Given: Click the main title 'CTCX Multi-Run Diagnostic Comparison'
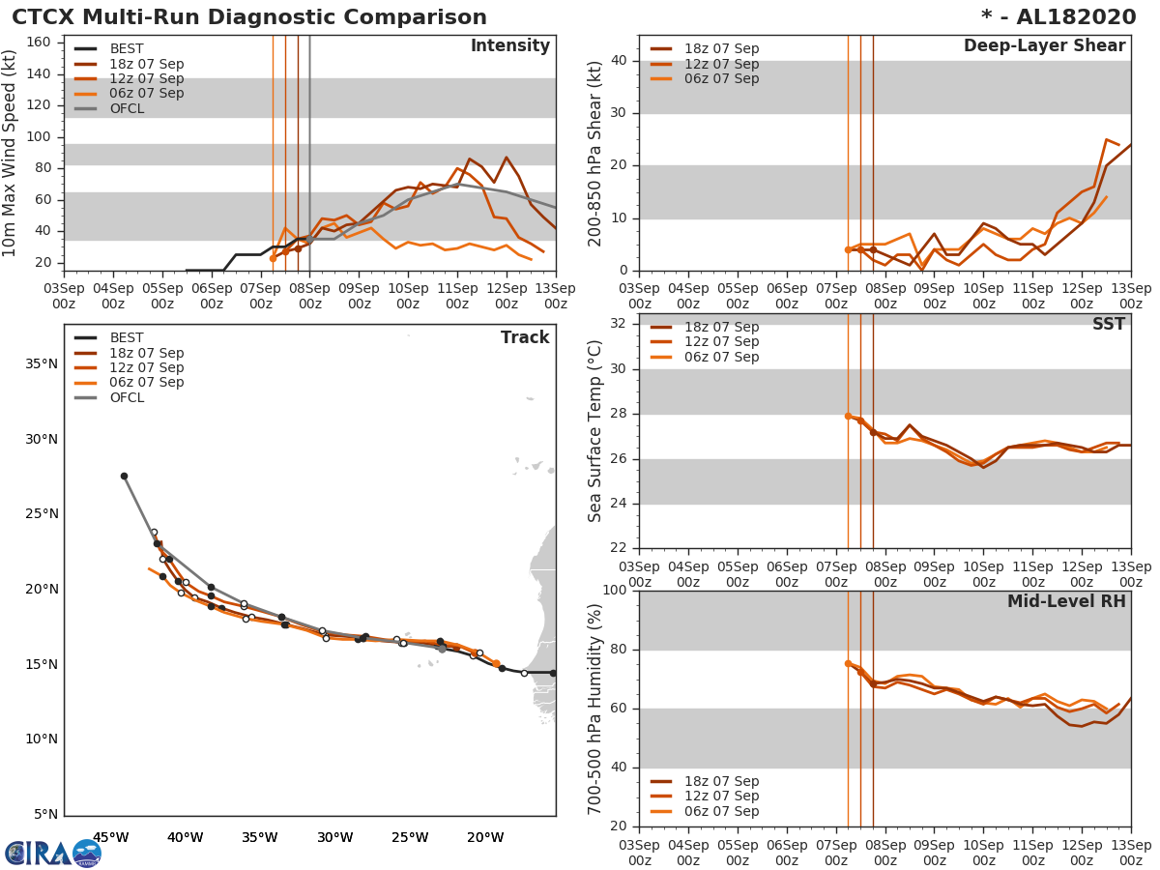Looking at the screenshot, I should pyautogui.click(x=249, y=17).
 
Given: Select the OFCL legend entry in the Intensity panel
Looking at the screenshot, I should pyautogui.click(x=127, y=108).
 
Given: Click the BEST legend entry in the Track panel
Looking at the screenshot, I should pyautogui.click(x=127, y=338).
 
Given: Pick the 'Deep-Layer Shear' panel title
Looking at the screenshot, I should pyautogui.click(x=1044, y=46).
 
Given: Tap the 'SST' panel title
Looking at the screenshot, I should pyautogui.click(x=1108, y=325).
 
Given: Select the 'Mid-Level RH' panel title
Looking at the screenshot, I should pyautogui.click(x=1066, y=601).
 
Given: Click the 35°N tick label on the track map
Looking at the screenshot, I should pyautogui.click(x=42, y=364).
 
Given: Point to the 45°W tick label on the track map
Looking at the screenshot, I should pyautogui.click(x=110, y=837).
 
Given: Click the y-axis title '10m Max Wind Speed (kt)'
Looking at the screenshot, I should pyautogui.click(x=11, y=154).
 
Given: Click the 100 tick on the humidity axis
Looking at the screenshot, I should pyautogui.click(x=614, y=591).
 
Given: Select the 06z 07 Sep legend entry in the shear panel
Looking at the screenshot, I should pyautogui.click(x=721, y=78).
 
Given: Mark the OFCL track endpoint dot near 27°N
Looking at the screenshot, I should pyautogui.click(x=124, y=476).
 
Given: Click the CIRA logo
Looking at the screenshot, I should pyautogui.click(x=52, y=853).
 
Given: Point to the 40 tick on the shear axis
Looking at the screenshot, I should pyautogui.click(x=618, y=61).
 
